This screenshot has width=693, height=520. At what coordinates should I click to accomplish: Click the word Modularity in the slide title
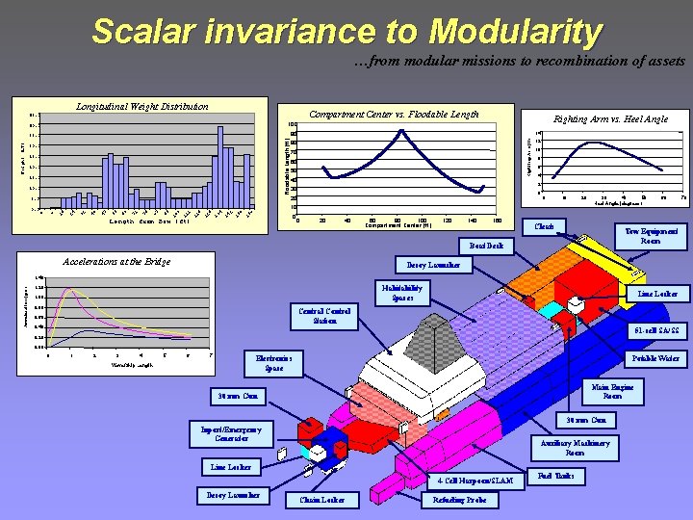[516, 33]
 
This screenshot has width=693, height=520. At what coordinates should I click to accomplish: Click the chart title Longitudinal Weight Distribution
[141, 106]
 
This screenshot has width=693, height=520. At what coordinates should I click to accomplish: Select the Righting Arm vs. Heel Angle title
[610, 119]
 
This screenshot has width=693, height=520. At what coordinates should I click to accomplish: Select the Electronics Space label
[273, 362]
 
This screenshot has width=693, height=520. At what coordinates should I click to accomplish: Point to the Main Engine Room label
[612, 390]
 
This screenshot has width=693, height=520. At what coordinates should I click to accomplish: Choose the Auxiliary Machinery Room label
[574, 448]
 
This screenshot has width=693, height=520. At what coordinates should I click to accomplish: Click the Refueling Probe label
[460, 500]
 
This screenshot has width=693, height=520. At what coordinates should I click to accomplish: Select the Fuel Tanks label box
[555, 477]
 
